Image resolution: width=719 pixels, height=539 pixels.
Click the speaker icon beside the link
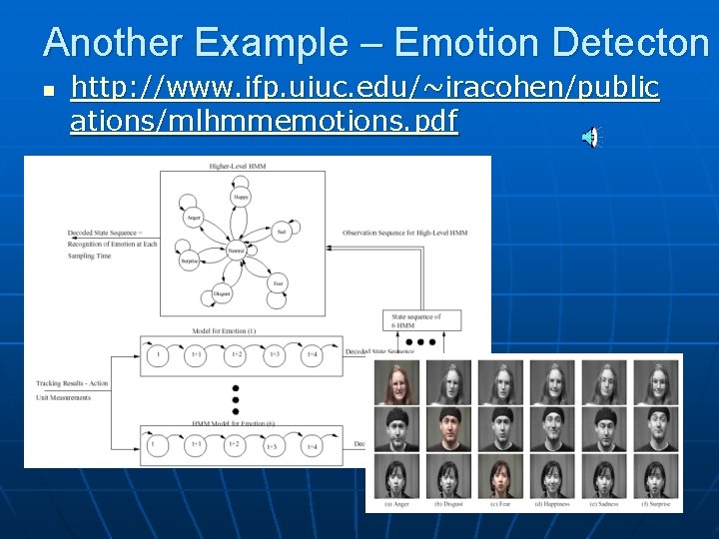pyautogui.click(x=591, y=138)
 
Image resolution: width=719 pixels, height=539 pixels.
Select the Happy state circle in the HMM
pyautogui.click(x=241, y=198)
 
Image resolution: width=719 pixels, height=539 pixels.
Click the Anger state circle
pyautogui.click(x=194, y=217)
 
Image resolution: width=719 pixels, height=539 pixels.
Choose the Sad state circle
pyautogui.click(x=281, y=231)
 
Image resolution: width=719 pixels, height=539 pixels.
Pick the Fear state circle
pyautogui.click(x=279, y=282)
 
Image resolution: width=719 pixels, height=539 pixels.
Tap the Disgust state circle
pyautogui.click(x=222, y=293)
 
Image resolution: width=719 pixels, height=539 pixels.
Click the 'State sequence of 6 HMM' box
pyautogui.click(x=425, y=320)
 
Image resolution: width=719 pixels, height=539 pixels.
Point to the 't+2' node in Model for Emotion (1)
pyautogui.click(x=235, y=355)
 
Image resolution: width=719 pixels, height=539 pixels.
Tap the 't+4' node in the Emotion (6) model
pyautogui.click(x=313, y=446)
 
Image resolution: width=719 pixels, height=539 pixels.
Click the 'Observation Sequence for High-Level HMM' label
pyautogui.click(x=404, y=233)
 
